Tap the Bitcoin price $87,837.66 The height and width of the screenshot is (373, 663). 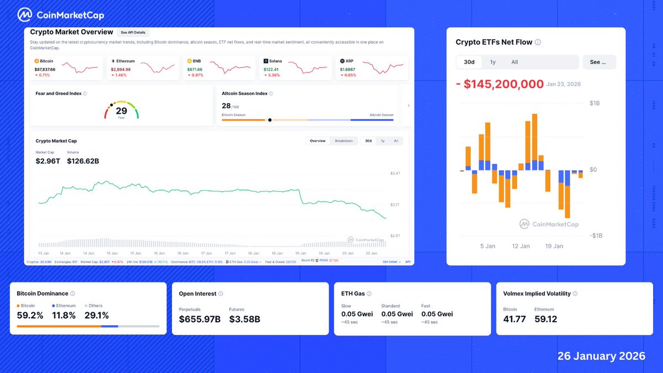pos(45,69)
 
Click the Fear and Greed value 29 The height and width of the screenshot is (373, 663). pos(121,111)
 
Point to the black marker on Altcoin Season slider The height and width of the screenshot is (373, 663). pos(270,119)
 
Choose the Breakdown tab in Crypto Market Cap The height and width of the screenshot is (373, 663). pos(344,141)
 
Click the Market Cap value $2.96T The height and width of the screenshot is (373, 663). pos(48,161)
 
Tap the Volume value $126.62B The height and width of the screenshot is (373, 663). pos(83,161)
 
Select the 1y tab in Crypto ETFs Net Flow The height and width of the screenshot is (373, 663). pos(492,62)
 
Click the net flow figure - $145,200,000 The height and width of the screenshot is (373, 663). pos(499,84)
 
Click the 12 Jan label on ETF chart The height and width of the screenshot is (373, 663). pos(520,246)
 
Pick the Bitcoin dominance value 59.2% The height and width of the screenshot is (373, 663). pos(30,316)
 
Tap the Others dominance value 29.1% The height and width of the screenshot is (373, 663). pos(97,316)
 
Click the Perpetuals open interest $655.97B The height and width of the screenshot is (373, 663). pos(199,319)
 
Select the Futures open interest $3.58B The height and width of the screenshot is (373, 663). pos(244,319)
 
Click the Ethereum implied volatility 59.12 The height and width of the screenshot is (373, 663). pos(546,319)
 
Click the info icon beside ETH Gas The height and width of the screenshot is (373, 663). pos(369,294)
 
